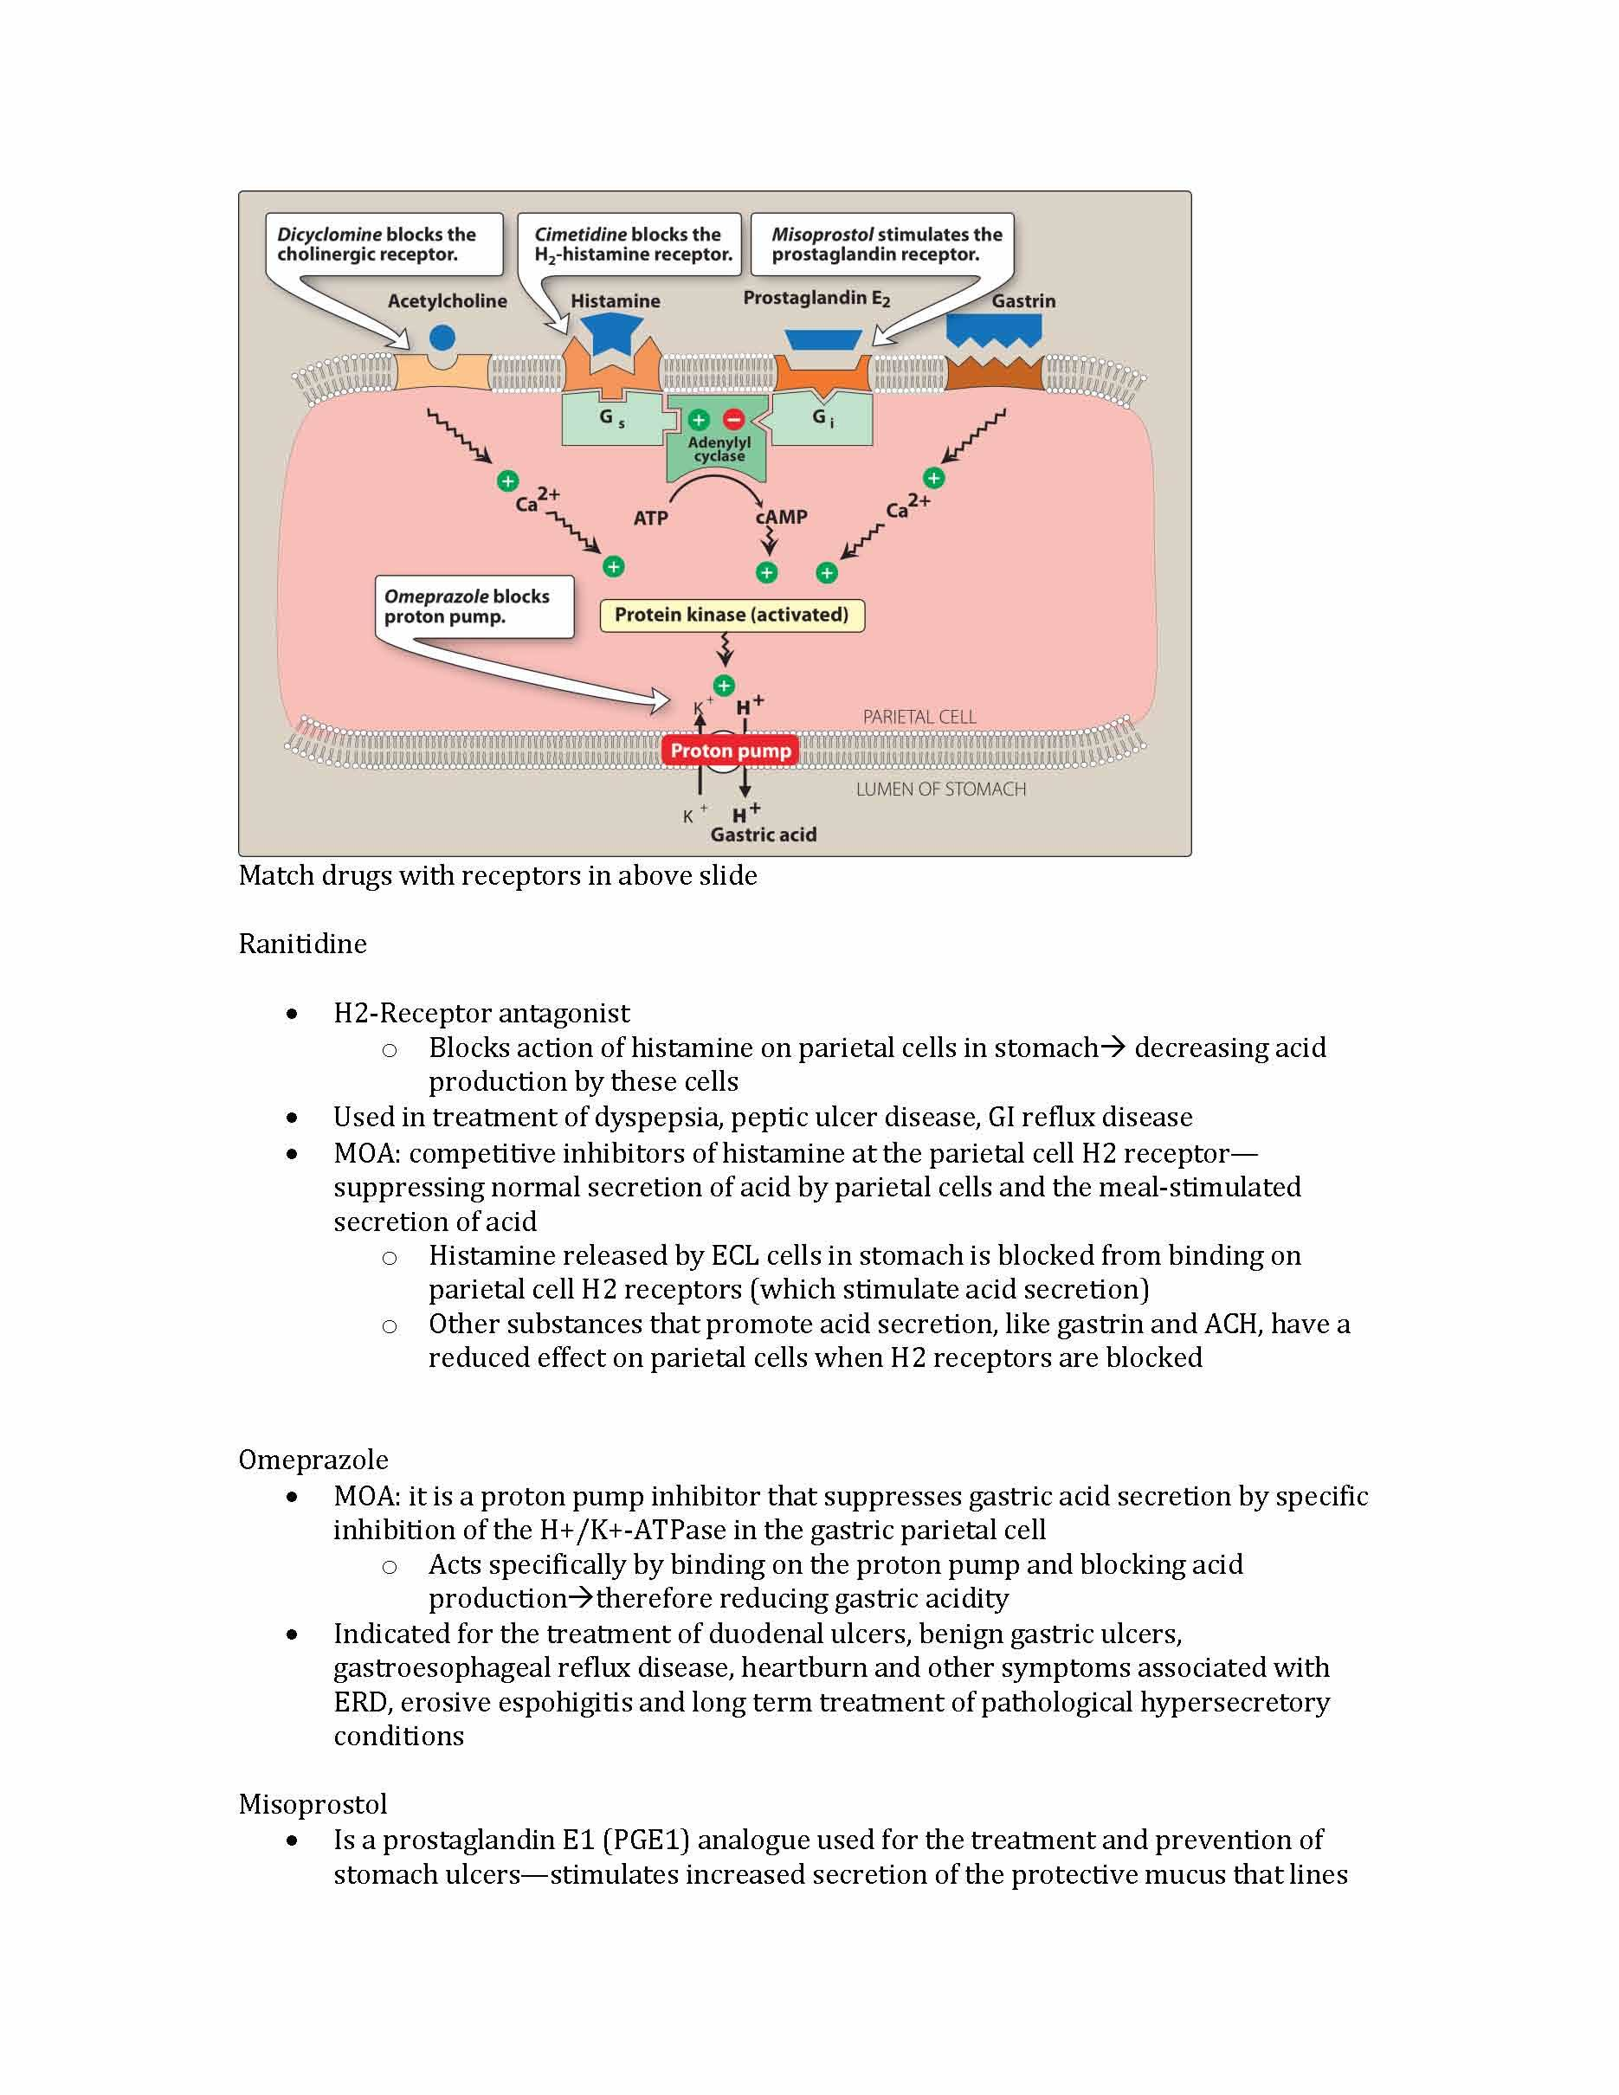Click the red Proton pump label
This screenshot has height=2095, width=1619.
pyautogui.click(x=730, y=751)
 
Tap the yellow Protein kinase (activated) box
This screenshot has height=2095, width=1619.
pyautogui.click(x=732, y=615)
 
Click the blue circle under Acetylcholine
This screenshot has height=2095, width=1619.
pyautogui.click(x=442, y=337)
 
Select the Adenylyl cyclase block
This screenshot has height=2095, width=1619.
pyautogui.click(x=719, y=450)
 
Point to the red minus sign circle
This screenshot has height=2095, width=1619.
pyautogui.click(x=733, y=419)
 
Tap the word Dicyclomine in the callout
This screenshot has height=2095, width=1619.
pyautogui.click(x=329, y=234)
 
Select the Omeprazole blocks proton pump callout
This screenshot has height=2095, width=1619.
pyautogui.click(x=474, y=606)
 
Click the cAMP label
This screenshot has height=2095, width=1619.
pyautogui.click(x=782, y=517)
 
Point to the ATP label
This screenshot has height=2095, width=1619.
pyautogui.click(x=650, y=518)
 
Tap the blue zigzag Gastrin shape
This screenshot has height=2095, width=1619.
pyautogui.click(x=994, y=330)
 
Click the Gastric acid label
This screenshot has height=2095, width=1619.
pyautogui.click(x=764, y=835)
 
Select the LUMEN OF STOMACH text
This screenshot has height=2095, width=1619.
pyautogui.click(x=940, y=790)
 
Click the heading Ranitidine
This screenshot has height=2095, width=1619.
pyautogui.click(x=302, y=944)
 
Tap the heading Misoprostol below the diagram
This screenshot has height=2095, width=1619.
pyautogui.click(x=313, y=1804)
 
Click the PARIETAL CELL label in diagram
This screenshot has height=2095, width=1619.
pyautogui.click(x=919, y=717)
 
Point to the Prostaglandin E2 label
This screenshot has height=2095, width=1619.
pyautogui.click(x=816, y=299)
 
